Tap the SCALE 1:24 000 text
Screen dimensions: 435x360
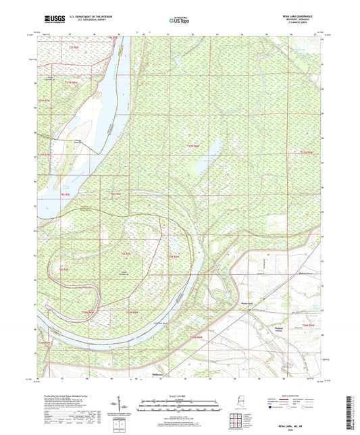pyautogui.click(x=180, y=394)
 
